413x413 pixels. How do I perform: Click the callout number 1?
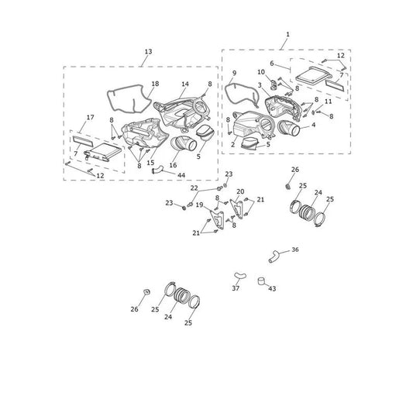click(x=288, y=34)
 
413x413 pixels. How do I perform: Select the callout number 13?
click(x=148, y=51)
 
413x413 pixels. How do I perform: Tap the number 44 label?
click(x=181, y=175)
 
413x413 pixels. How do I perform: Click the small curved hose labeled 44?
click(x=157, y=170)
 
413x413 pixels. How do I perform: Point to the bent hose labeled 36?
click(x=274, y=256)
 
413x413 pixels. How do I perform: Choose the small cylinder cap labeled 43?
click(x=261, y=280)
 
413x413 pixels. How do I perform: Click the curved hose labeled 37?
click(x=240, y=276)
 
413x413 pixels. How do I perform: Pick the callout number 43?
click(x=272, y=289)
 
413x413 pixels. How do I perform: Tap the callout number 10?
click(x=261, y=72)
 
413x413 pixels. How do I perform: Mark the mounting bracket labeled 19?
click(x=217, y=219)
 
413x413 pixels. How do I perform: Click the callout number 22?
click(x=194, y=188)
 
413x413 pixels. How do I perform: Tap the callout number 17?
click(x=90, y=117)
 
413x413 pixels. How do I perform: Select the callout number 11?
click(x=329, y=102)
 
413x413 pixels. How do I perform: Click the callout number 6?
click(x=272, y=64)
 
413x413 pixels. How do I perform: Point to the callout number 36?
click(x=295, y=250)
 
